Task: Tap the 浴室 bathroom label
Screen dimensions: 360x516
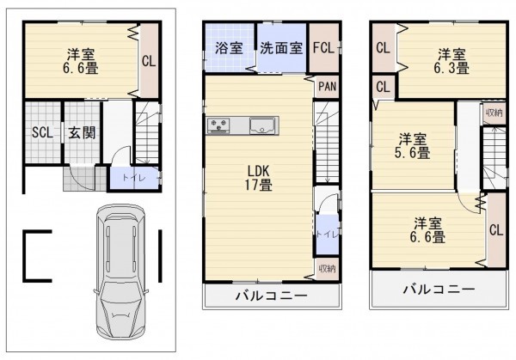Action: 228,48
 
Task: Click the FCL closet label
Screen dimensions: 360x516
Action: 324,48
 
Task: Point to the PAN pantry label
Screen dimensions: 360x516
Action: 327,86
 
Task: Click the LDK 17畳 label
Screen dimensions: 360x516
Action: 257,177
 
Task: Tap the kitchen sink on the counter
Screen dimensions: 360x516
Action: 261,127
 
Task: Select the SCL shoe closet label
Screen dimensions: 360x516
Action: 42,132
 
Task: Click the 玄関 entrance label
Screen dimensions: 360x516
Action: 83,132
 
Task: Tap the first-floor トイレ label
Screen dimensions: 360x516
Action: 121,179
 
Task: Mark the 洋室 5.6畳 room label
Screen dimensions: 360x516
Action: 414,145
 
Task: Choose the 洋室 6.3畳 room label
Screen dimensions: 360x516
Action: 452,58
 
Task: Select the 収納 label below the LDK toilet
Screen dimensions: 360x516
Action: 326,268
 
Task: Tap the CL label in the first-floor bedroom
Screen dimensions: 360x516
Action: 148,61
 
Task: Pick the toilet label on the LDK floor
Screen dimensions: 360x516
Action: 326,233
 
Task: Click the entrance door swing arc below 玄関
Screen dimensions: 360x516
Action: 79,177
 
